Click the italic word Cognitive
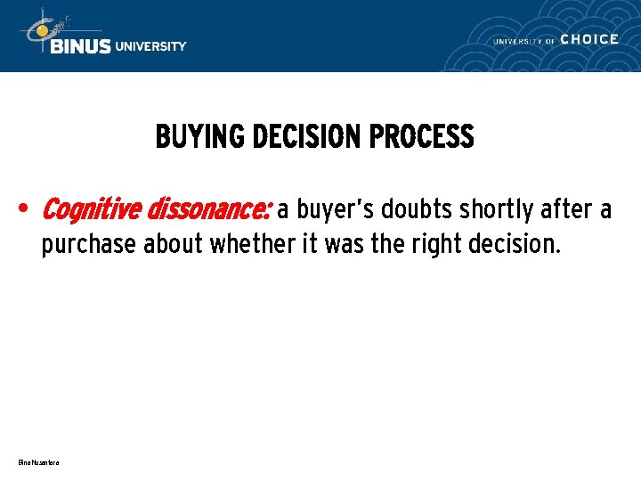coord(92,210)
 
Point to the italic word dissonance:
coord(208,210)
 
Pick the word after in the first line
coord(566,210)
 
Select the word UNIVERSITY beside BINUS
coord(151,46)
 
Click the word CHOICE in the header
coord(589,39)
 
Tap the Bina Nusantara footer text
coord(37,462)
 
